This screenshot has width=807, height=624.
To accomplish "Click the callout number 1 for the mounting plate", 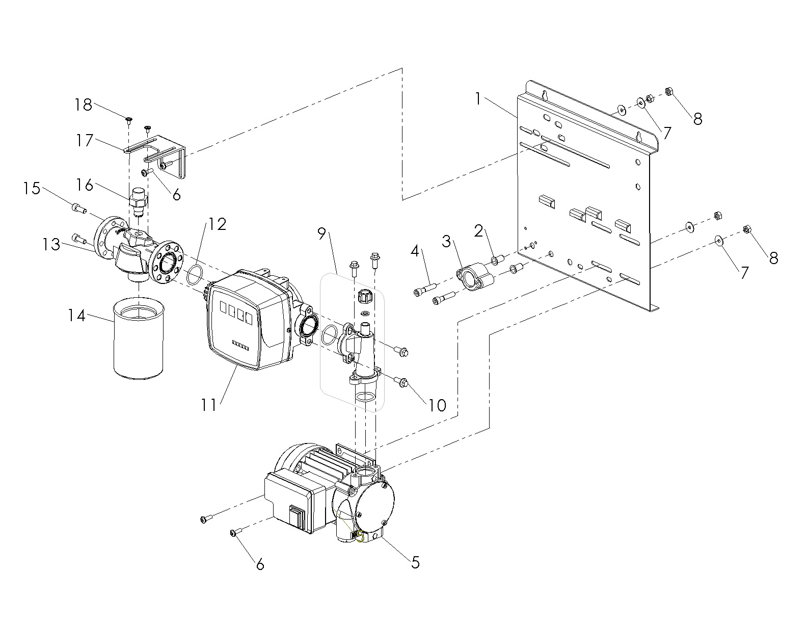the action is [x=478, y=99].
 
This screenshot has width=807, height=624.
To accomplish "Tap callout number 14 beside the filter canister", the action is [x=77, y=316].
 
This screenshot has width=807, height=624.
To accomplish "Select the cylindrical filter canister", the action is [x=138, y=337].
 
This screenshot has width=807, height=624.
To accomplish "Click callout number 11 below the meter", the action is [x=209, y=405].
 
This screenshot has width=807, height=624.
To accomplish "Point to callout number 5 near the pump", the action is [x=416, y=563].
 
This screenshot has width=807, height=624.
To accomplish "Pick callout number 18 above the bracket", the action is [x=83, y=105].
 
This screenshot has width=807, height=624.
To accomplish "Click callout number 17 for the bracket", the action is [x=85, y=140].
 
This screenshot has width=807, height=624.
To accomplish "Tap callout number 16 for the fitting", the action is [x=85, y=185].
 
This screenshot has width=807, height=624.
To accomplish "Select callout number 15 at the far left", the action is [x=32, y=188].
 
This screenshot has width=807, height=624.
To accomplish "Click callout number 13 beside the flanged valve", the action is [x=51, y=244].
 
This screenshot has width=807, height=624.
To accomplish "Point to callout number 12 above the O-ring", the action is [x=217, y=224].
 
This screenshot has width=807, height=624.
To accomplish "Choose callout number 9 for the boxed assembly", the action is [x=321, y=233].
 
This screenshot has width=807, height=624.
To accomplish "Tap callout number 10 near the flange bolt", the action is [x=438, y=405].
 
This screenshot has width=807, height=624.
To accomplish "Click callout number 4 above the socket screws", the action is [x=415, y=251].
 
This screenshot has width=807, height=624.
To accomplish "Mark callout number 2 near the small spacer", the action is [x=478, y=231].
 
